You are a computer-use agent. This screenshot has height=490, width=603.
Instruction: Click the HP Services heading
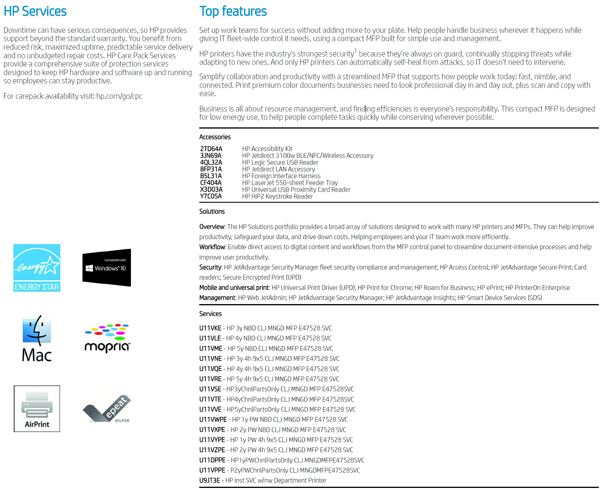(35, 11)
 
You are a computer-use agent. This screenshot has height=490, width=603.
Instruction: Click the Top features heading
(233, 11)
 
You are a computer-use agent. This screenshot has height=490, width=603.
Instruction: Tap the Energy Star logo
(37, 268)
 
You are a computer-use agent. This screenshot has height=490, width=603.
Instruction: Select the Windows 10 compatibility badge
(107, 268)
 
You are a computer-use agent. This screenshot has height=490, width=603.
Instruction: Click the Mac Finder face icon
(37, 330)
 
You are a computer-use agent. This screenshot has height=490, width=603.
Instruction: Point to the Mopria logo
(107, 339)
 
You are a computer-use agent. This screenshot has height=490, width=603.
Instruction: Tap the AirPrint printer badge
(37, 409)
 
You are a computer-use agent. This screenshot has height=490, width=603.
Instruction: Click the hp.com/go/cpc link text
(119, 96)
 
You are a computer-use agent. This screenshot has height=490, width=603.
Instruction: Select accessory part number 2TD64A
(211, 149)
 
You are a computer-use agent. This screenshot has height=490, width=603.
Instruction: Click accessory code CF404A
(211, 183)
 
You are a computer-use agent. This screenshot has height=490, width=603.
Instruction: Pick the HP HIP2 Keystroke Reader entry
(277, 196)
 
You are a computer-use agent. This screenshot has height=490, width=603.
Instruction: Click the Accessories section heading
(215, 137)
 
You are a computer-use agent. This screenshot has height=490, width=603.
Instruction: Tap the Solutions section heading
(212, 212)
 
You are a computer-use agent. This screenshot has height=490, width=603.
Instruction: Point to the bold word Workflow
(212, 247)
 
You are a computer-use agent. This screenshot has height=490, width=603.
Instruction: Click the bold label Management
(217, 298)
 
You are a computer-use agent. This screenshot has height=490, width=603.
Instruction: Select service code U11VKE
(210, 328)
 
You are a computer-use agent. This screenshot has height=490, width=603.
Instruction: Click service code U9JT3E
(210, 480)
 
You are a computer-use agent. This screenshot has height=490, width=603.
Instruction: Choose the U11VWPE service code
(213, 419)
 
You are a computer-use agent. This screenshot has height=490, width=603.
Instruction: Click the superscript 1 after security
(356, 51)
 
